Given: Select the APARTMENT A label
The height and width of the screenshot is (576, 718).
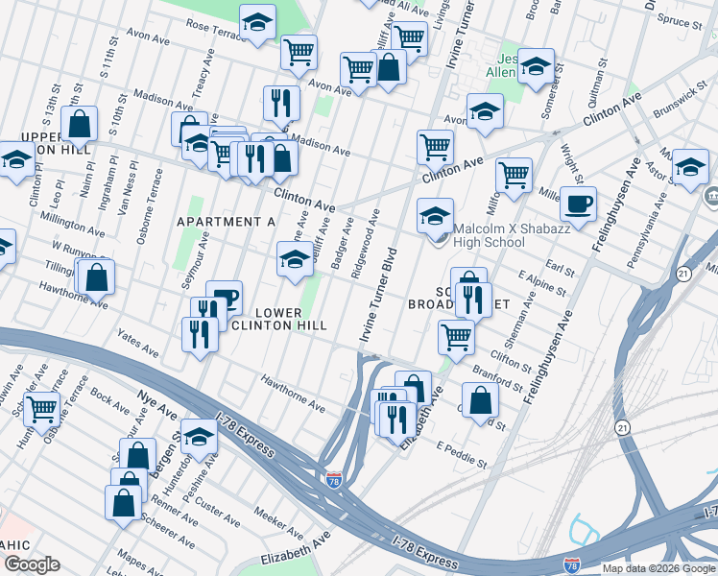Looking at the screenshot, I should click(x=227, y=222).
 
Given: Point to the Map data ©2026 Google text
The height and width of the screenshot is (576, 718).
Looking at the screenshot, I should click(x=659, y=568).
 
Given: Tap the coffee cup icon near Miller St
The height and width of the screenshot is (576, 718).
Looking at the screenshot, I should click(x=578, y=204).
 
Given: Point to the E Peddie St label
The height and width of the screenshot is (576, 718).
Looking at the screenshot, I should click(x=462, y=455).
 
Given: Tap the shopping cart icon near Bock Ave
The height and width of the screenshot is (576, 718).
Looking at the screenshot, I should click(x=41, y=408).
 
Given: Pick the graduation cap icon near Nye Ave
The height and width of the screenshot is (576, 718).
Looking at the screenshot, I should click(x=198, y=437).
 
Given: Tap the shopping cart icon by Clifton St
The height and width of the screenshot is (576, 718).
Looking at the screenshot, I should click(x=455, y=336).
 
